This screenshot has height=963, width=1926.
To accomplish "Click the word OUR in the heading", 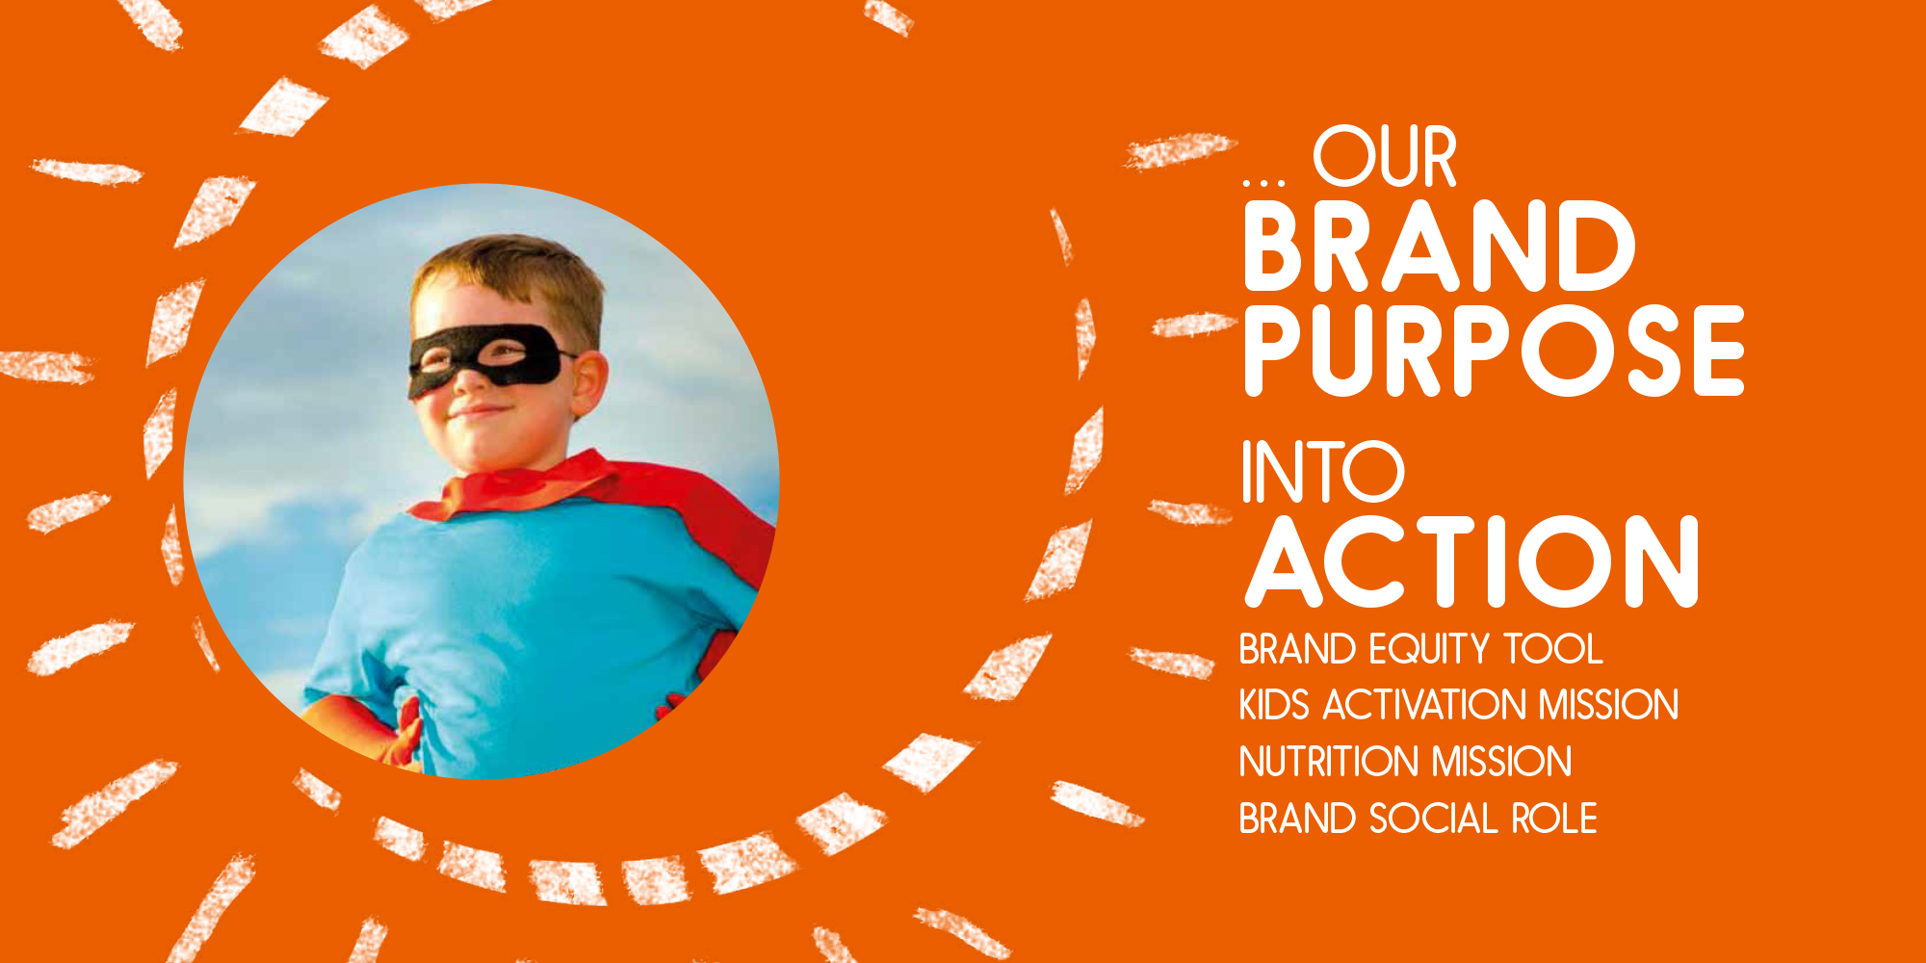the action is point(1385,156).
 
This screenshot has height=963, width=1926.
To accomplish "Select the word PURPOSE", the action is point(1494,351).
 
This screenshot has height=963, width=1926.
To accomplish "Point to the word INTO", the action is point(1322,471).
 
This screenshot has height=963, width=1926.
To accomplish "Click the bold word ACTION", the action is point(1471,561).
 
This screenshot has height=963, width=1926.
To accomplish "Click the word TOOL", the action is point(1553,649).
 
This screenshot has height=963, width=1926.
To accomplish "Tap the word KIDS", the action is point(1274,705).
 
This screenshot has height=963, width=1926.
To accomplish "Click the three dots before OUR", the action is point(1263,180).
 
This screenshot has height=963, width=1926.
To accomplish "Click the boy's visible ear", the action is point(588,383).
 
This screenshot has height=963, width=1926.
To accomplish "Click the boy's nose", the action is point(469,378).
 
